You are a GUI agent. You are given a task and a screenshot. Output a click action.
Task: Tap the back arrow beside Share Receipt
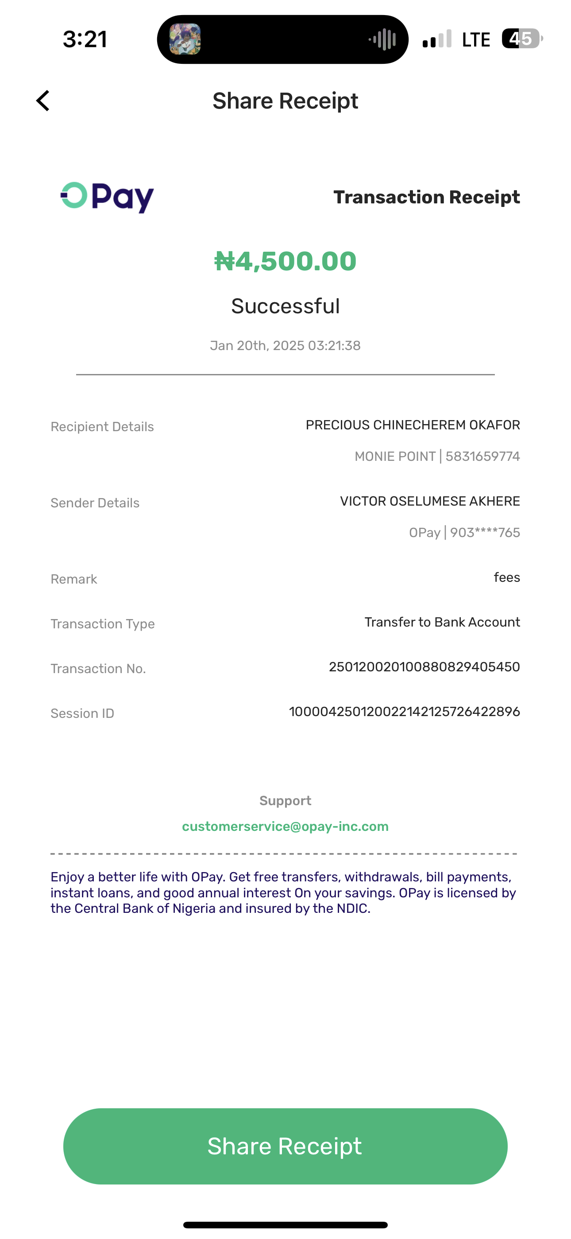[x=43, y=101]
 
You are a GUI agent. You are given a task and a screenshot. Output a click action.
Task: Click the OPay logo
[x=107, y=197]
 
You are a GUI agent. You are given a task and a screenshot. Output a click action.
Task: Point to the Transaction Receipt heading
[x=426, y=197]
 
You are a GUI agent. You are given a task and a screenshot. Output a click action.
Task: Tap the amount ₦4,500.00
[x=285, y=261]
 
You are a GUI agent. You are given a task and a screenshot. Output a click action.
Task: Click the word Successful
[x=285, y=306]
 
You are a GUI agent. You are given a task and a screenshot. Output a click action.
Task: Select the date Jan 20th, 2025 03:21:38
[x=285, y=345]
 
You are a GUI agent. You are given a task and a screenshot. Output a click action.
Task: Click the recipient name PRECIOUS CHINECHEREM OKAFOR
[x=413, y=425]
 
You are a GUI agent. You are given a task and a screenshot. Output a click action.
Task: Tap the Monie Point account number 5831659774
[x=482, y=456]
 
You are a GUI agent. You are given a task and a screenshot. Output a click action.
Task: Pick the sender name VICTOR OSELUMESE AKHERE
[x=430, y=501]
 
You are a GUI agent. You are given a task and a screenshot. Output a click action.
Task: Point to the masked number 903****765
[x=485, y=533]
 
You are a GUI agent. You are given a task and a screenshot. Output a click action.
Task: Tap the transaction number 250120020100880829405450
[x=424, y=666]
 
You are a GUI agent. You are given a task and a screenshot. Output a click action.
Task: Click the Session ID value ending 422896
[x=404, y=711]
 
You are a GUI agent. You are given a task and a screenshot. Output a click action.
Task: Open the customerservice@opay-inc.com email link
[x=285, y=826]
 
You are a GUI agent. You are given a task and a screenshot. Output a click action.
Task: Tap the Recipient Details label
[x=102, y=427]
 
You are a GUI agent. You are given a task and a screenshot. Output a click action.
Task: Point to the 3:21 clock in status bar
[x=85, y=39]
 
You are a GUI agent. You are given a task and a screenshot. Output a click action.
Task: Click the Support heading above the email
[x=285, y=800]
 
